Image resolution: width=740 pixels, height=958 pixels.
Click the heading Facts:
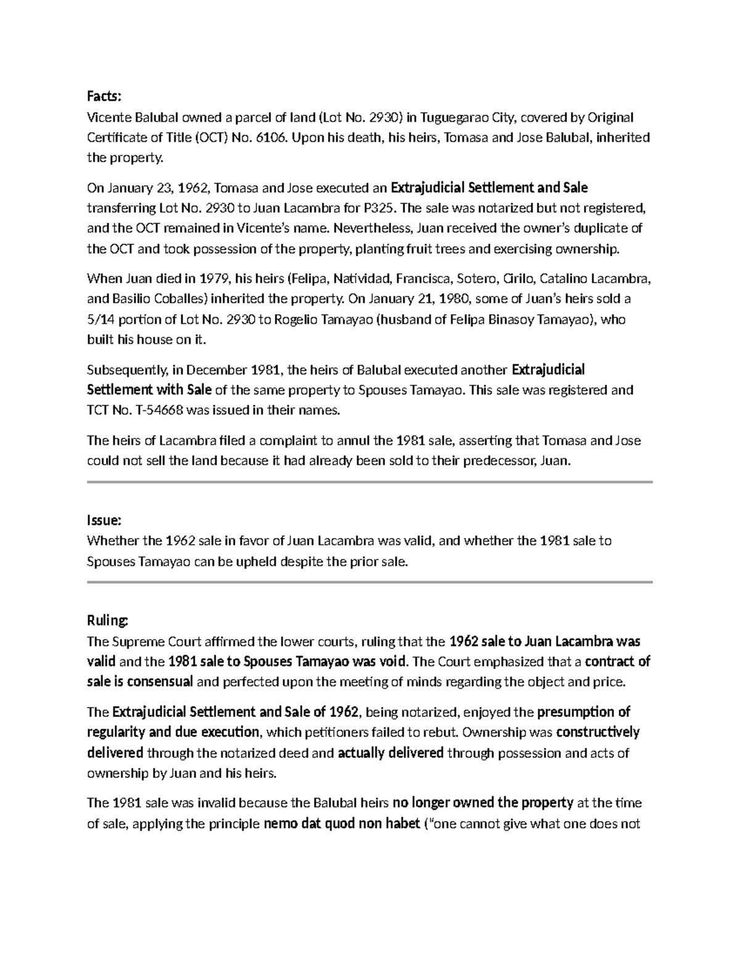(x=105, y=96)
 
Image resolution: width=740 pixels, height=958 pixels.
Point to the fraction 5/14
(x=101, y=320)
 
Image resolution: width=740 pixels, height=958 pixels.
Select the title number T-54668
(x=155, y=410)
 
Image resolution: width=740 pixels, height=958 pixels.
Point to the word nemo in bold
(x=277, y=824)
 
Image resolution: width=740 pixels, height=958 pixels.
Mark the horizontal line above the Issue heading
(x=370, y=481)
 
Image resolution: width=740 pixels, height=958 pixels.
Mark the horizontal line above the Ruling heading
(x=370, y=582)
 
